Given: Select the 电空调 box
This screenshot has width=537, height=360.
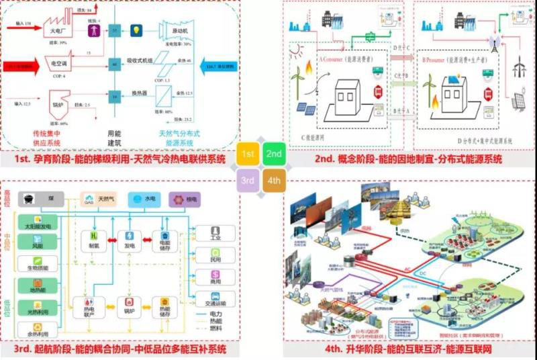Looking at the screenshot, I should click(58, 62).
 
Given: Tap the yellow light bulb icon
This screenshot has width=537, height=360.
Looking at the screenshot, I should click(138, 31).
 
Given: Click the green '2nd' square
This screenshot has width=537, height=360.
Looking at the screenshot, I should click(274, 154).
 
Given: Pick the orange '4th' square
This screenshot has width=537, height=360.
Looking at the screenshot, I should click(274, 180).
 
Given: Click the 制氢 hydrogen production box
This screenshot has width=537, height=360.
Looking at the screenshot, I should click(95, 240).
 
